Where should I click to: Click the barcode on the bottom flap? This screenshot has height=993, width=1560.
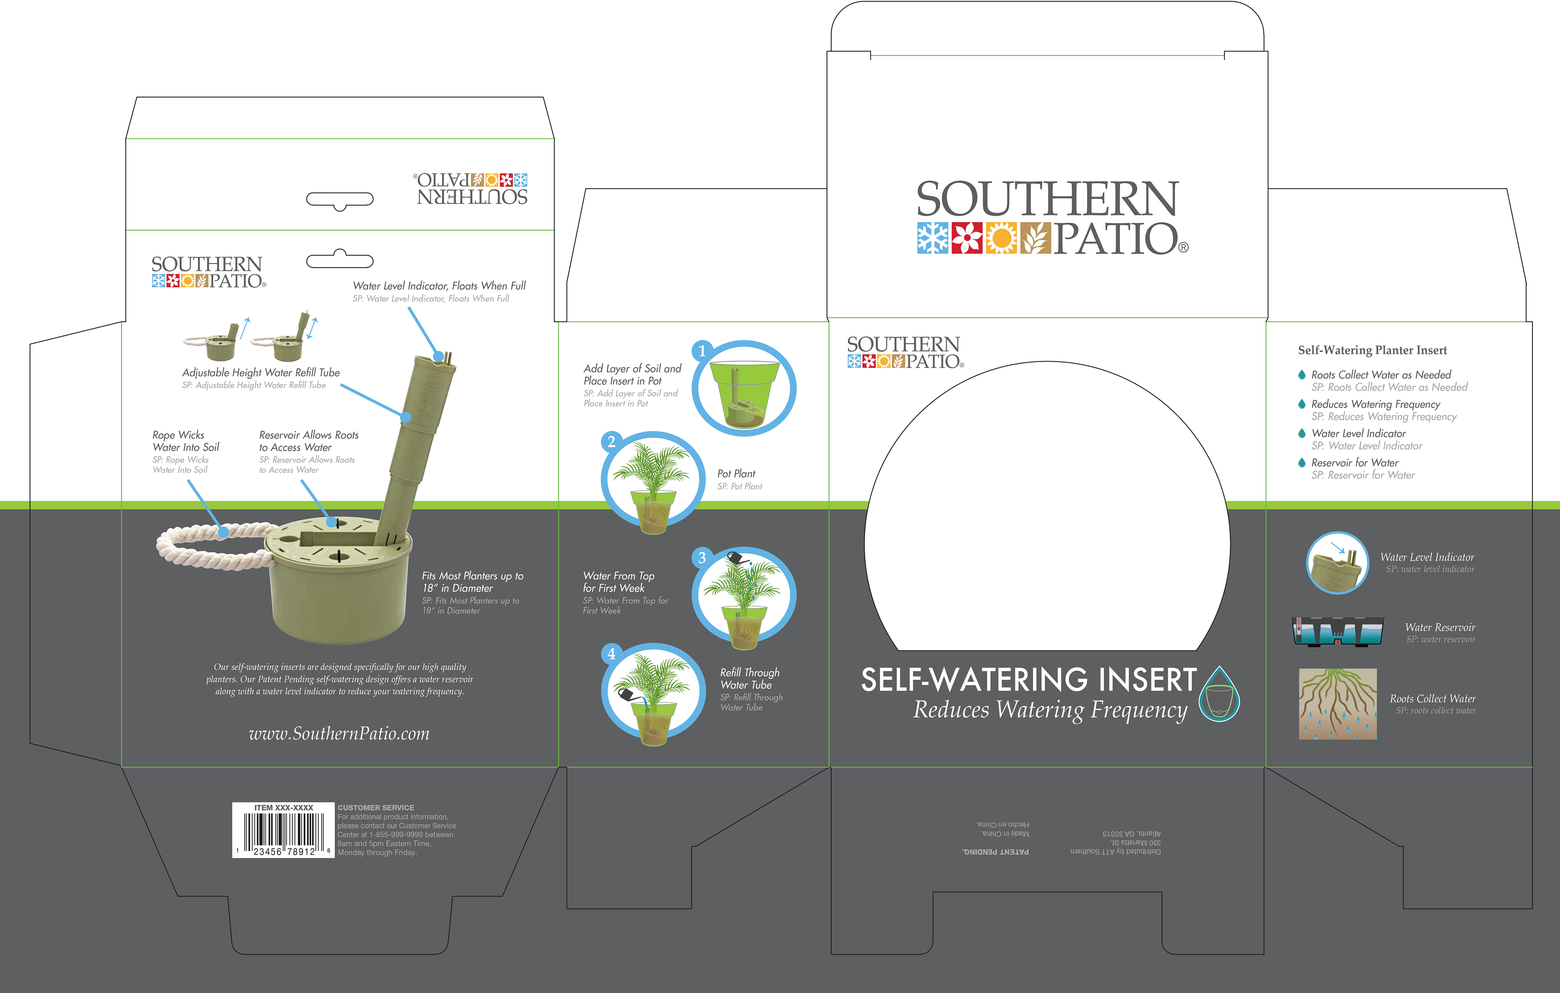(x=284, y=831)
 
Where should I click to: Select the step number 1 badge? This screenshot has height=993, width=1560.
(x=702, y=351)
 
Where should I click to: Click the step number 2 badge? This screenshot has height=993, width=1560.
(x=611, y=442)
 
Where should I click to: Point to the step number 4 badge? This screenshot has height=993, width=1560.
(x=611, y=654)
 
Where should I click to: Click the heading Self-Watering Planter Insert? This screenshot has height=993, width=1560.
(x=1372, y=350)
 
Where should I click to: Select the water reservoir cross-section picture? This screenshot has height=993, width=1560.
(x=1338, y=631)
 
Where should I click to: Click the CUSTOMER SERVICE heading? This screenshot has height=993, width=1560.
(x=376, y=808)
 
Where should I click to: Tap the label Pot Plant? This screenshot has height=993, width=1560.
(x=736, y=474)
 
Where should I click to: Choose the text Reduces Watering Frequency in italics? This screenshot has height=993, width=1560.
(x=1049, y=711)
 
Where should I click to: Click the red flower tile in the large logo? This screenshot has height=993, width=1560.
(x=967, y=239)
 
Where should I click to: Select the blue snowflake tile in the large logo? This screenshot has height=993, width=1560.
(x=933, y=239)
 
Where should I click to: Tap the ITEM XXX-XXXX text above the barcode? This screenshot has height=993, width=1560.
(x=284, y=808)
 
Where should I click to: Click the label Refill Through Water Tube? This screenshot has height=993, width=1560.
(x=750, y=679)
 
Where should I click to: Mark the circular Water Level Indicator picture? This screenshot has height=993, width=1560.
(x=1337, y=563)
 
